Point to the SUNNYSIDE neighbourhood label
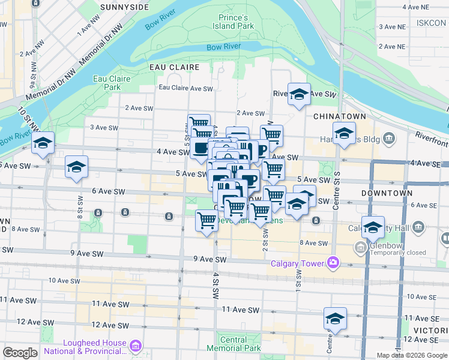click(125, 7)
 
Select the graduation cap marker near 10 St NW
click(43, 144)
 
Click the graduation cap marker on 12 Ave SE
click(336, 318)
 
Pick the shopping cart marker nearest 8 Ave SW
click(207, 220)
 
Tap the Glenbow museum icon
click(360, 247)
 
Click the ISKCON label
click(430, 23)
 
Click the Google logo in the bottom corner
click(20, 353)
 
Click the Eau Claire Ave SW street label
click(186, 88)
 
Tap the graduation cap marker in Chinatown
click(344, 134)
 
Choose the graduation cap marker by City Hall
click(373, 227)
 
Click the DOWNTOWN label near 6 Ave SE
click(387, 193)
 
